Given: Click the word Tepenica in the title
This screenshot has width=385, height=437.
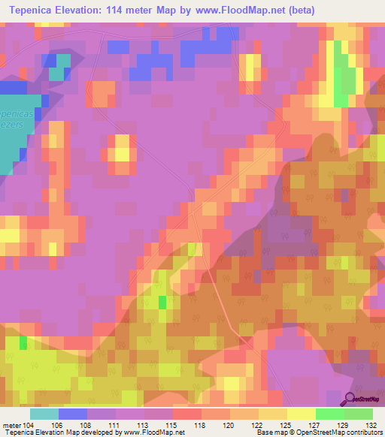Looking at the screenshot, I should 31,10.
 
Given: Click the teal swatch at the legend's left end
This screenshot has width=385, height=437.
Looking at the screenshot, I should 44,414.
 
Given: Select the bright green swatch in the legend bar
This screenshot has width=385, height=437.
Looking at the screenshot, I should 329,414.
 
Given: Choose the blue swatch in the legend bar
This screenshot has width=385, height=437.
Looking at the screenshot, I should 72,414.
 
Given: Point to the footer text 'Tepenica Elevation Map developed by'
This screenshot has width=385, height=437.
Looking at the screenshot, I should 60,432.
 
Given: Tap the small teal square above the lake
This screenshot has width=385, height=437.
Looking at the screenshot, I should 57,74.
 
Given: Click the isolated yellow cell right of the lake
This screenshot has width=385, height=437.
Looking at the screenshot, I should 120,148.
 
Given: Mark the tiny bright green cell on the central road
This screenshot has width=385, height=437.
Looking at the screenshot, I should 162,302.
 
